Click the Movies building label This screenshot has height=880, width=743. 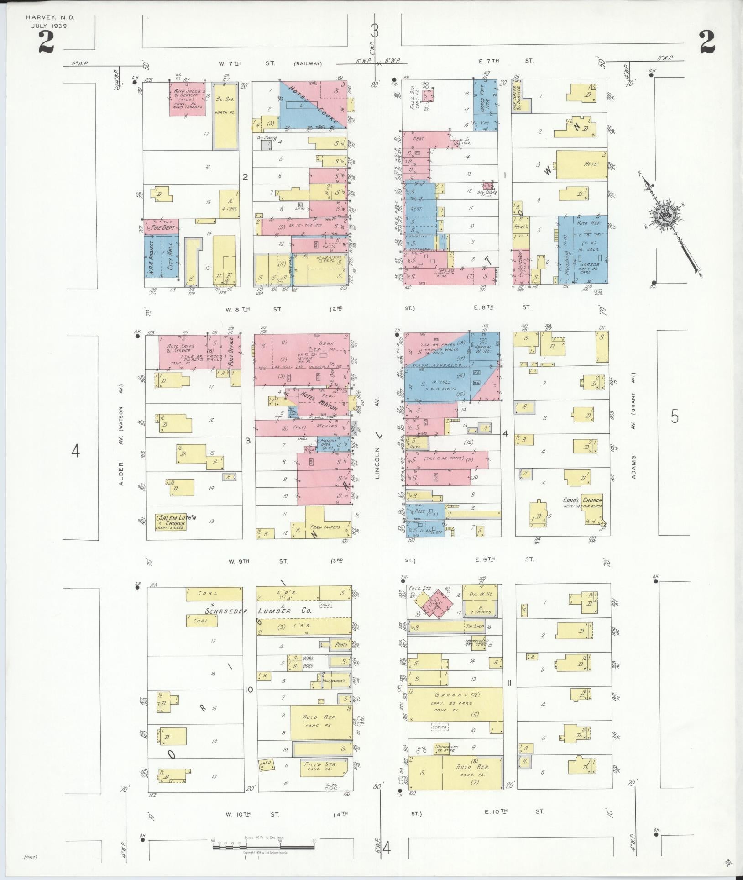[326, 426]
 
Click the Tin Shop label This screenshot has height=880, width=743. [475, 627]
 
